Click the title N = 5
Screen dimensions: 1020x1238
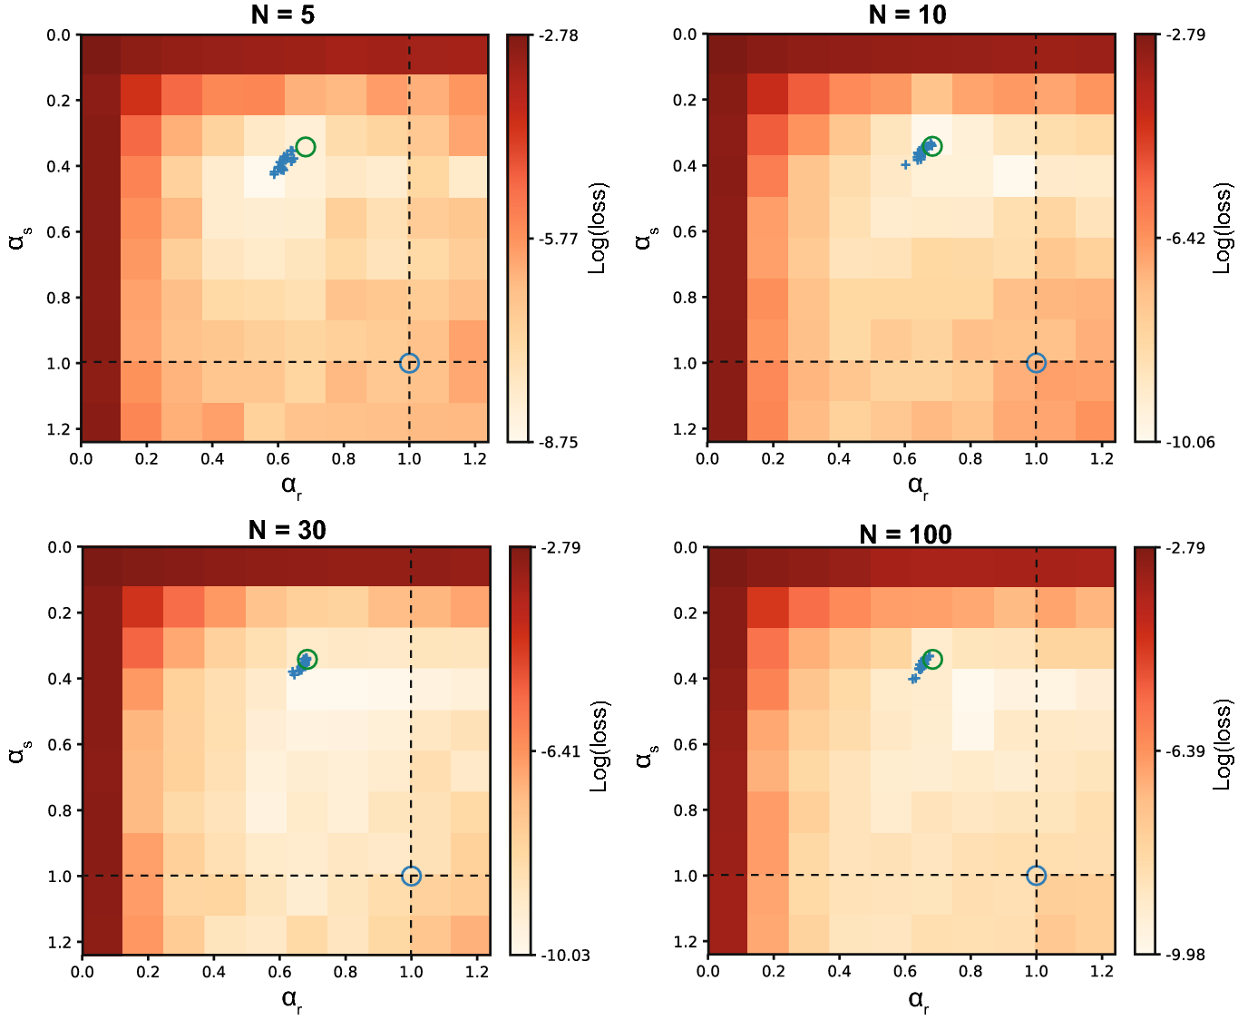click(283, 15)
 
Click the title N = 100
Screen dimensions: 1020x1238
click(905, 534)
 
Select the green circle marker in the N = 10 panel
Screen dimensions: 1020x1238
click(931, 146)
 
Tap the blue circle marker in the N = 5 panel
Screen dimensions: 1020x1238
click(409, 363)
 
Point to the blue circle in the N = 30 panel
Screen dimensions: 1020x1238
click(411, 876)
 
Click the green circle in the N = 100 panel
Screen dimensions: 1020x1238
click(931, 659)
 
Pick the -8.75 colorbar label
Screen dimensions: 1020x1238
click(558, 443)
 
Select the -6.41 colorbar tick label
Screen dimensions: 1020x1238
click(560, 751)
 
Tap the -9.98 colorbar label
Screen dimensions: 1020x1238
click(1185, 955)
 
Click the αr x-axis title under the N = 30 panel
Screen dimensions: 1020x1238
click(291, 1001)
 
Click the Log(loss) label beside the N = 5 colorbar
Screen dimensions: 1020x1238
click(598, 228)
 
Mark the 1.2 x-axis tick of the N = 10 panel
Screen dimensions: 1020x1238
click(1102, 459)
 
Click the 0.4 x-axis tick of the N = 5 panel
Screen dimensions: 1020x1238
click(212, 459)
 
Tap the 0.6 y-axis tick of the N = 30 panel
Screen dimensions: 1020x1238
click(60, 744)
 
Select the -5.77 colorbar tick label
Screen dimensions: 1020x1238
click(558, 239)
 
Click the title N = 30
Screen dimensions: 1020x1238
click(287, 530)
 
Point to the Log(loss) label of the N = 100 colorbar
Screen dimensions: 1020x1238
click(1223, 744)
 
